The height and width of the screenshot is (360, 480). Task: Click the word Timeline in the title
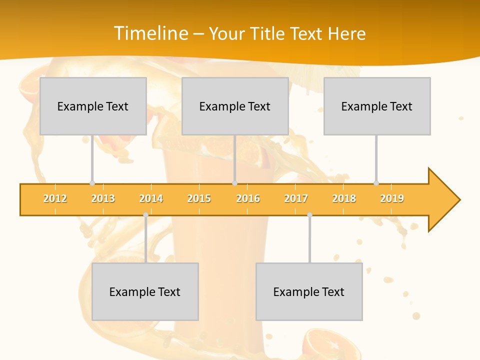pyautogui.click(x=151, y=33)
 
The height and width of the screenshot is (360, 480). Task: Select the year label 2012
pyautogui.click(x=55, y=198)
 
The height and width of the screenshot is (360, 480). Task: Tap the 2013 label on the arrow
pyautogui.click(x=103, y=198)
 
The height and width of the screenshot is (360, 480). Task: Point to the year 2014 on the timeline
pyautogui.click(x=151, y=198)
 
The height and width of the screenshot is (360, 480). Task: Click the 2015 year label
pyautogui.click(x=199, y=198)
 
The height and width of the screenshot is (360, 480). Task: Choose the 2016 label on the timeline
pyautogui.click(x=248, y=198)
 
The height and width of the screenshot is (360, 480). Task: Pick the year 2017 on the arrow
pyautogui.click(x=296, y=198)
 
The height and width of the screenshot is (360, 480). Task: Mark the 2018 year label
pyautogui.click(x=344, y=198)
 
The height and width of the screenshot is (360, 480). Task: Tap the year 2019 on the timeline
pyautogui.click(x=392, y=198)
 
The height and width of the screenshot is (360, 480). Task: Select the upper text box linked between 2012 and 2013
pyautogui.click(x=93, y=106)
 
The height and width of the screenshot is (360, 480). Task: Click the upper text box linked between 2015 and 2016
pyautogui.click(x=235, y=106)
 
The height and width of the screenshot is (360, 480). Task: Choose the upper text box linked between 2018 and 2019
pyautogui.click(x=377, y=106)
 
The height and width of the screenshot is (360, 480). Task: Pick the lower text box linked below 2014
pyautogui.click(x=145, y=291)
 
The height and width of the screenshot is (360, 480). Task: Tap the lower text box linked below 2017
pyautogui.click(x=309, y=291)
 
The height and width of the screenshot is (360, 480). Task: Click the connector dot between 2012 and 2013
pyautogui.click(x=92, y=183)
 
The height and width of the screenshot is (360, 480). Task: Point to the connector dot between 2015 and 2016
pyautogui.click(x=235, y=183)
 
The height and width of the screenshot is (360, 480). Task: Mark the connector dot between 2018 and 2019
pyautogui.click(x=376, y=183)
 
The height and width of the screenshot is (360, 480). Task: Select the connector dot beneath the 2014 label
pyautogui.click(x=145, y=215)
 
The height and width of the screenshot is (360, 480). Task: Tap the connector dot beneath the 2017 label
pyautogui.click(x=309, y=215)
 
